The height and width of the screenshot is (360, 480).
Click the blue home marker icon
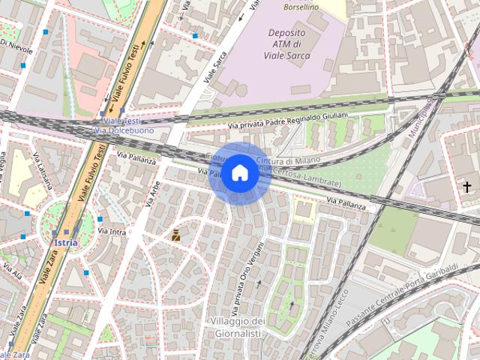238,173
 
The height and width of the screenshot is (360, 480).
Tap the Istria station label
66,243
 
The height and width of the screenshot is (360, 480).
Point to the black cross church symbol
466,187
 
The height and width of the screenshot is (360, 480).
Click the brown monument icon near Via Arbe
175,235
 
